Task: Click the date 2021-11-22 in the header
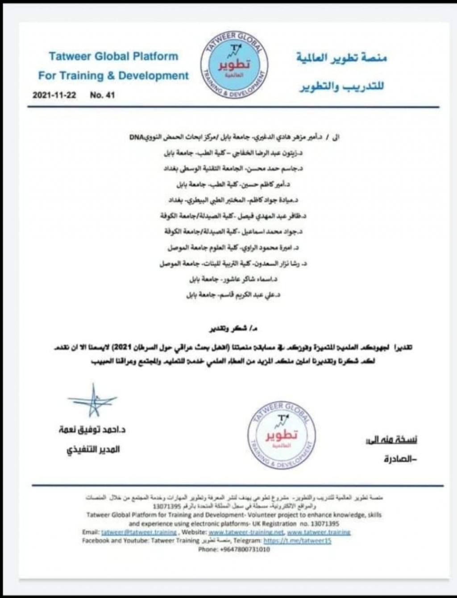54,95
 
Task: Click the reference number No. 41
102,95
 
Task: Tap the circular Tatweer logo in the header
235,65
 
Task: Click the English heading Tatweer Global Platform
113,56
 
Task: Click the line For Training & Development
113,75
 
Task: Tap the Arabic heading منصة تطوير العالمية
341,58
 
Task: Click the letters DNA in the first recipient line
136,137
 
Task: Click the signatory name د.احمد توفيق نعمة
92,430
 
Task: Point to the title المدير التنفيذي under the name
94,450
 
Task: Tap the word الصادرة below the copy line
400,459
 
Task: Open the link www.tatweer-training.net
246,532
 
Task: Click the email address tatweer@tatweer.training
139,532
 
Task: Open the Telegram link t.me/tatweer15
297,540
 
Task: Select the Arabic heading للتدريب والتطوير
341,86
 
